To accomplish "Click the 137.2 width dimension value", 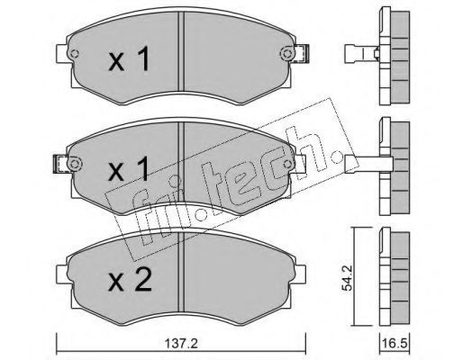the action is tap(181, 344).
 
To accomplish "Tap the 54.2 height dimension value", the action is tap(348, 276).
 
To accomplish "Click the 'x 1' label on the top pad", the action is tap(129, 59).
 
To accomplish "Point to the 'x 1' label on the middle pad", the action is tap(129, 170).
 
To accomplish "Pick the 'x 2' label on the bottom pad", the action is tap(130, 280).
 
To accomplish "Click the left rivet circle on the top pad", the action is tap(74, 54).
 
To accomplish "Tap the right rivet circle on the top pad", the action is tap(286, 54).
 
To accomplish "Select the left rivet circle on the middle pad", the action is tap(74, 164).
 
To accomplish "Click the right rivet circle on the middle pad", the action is tap(287, 164).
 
